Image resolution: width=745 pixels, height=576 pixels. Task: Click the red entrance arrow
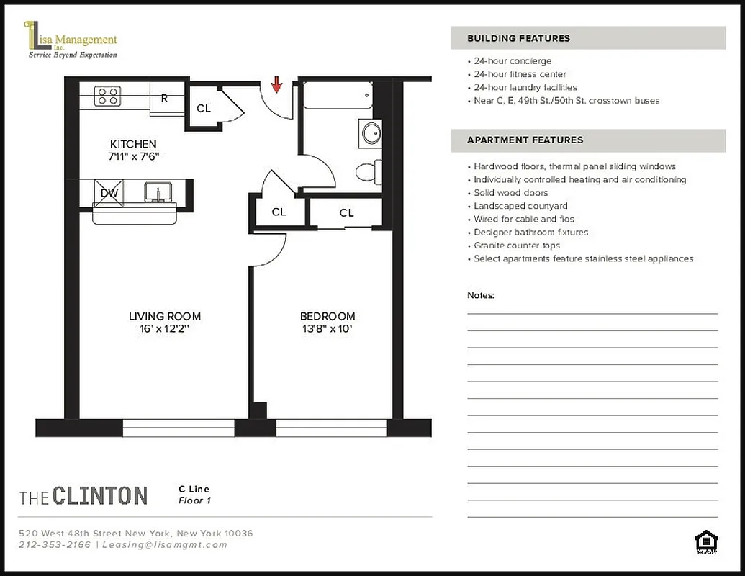coord(276,86)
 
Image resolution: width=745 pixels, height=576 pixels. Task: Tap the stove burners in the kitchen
coord(108,96)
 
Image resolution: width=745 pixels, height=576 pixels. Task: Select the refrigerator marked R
coord(166,98)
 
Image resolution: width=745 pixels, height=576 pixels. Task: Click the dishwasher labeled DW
coord(109,193)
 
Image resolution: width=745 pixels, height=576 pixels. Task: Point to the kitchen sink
coord(157,192)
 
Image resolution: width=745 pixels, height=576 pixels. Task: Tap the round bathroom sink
coord(371,133)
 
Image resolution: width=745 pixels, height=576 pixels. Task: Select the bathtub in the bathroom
coord(337,95)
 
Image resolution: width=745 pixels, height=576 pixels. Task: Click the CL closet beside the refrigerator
coord(204,108)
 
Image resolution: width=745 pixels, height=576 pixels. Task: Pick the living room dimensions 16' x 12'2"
coord(165,330)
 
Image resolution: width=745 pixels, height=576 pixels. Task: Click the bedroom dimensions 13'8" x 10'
coord(328,330)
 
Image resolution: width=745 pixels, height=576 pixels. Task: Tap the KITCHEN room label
coord(133,144)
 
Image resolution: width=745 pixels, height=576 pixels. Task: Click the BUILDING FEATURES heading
coord(518,38)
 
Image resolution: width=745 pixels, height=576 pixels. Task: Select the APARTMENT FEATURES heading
coord(525,140)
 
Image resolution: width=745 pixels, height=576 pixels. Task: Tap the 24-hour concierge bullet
coord(513,61)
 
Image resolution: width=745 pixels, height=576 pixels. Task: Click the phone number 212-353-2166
coord(55,545)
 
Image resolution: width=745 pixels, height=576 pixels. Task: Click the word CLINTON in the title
coord(99,495)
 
